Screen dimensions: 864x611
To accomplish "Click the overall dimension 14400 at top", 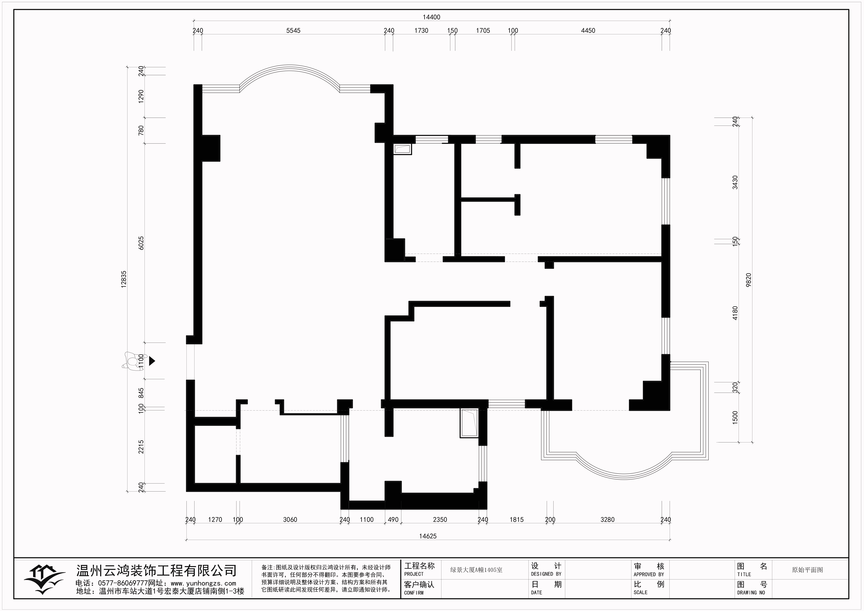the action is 431,17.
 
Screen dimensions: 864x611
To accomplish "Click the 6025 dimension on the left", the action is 141,243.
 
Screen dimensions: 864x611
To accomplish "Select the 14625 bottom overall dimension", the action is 428,536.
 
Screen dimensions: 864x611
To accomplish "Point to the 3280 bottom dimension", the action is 607,520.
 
